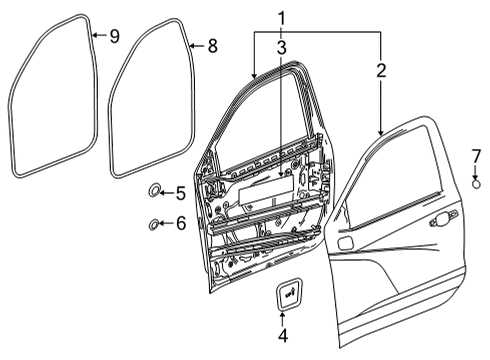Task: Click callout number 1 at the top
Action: point(282,17)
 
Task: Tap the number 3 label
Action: point(282,47)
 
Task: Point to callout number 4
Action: point(282,336)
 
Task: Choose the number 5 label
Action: point(180,193)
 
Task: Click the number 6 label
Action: point(180,224)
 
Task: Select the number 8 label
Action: point(211,46)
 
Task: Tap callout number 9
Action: point(113,37)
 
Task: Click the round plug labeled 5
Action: point(154,191)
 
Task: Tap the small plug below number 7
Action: point(477,183)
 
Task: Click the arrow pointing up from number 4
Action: point(282,318)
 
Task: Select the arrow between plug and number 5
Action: point(167,193)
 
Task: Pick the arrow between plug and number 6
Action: point(166,224)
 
